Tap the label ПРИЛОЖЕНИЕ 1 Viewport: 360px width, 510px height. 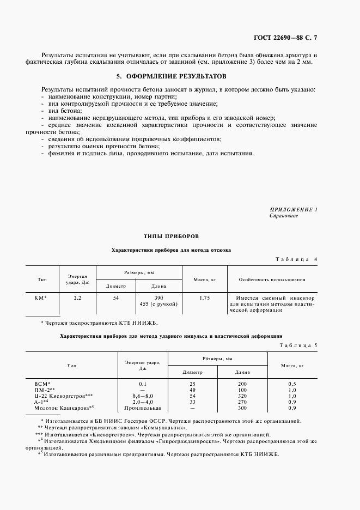click(293, 209)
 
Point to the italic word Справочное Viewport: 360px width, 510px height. click(284, 216)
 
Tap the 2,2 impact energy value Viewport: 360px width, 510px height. click(77, 298)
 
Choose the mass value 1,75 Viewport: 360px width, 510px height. click(205, 298)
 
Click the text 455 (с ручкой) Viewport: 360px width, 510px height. click(158, 304)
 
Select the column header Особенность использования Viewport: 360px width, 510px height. click(272, 280)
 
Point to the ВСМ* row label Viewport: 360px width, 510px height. click(42, 384)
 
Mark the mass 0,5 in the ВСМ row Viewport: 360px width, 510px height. click(291, 384)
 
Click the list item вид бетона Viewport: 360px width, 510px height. click(65, 110)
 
